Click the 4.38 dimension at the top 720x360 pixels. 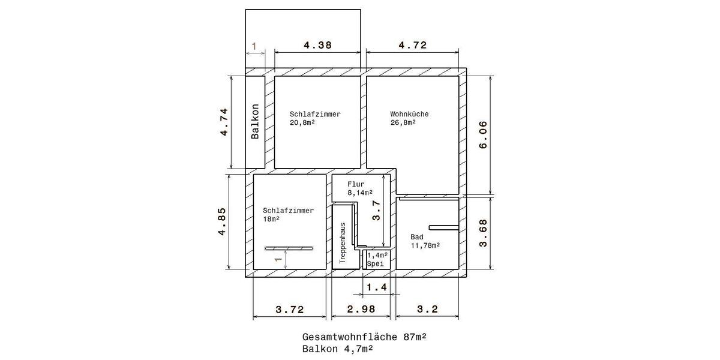click(318, 45)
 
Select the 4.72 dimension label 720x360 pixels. click(412, 45)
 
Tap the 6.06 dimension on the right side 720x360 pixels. click(484, 136)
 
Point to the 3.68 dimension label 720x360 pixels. click(484, 233)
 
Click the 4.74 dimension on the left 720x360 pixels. click(224, 122)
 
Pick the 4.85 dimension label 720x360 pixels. click(224, 222)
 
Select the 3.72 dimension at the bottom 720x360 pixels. click(290, 310)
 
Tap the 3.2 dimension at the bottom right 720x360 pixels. click(427, 310)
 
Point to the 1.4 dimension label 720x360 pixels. click(377, 287)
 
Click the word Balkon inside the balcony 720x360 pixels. click(255, 122)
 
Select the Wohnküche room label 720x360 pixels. click(409, 114)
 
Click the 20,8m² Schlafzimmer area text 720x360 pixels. click(302, 122)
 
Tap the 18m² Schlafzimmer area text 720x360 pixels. click(271, 219)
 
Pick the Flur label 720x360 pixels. click(356, 184)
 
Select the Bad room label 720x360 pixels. click(416, 236)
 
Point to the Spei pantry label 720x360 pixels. click(375, 263)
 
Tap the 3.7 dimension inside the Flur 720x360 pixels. click(376, 211)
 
